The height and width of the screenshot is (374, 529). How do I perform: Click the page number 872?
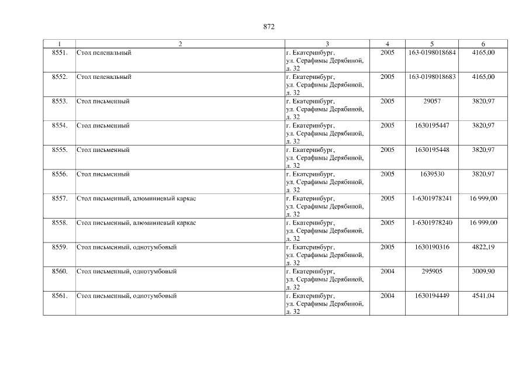click(x=269, y=26)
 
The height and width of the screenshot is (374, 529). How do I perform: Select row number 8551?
click(x=60, y=53)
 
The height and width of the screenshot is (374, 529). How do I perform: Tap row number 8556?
click(x=60, y=174)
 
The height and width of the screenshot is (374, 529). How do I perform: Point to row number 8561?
click(x=60, y=296)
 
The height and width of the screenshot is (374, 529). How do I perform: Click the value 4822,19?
click(x=483, y=247)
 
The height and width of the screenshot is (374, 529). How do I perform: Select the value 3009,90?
click(x=483, y=271)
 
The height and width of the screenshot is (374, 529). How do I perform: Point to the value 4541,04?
click(x=483, y=296)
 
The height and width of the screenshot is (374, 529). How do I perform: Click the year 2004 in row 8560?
click(x=387, y=271)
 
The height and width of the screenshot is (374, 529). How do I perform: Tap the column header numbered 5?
click(x=432, y=44)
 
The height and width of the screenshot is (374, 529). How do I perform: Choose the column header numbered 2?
click(x=180, y=44)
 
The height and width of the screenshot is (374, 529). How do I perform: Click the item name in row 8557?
click(x=136, y=199)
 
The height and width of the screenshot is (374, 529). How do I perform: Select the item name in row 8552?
click(x=104, y=77)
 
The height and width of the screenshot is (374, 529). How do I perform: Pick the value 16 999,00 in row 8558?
click(x=483, y=223)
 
